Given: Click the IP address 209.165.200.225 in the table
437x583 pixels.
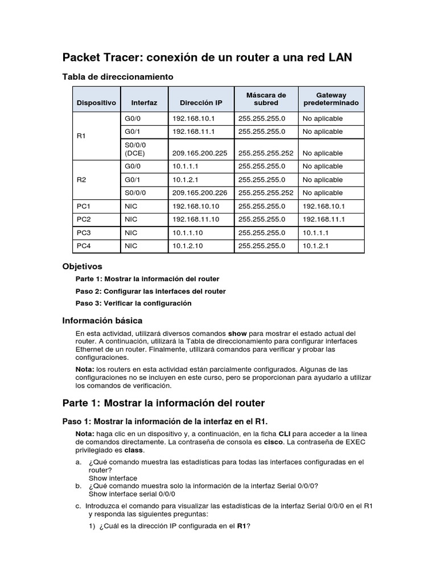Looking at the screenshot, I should coord(199,153).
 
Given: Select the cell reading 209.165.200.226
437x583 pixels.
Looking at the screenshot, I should coord(199,193).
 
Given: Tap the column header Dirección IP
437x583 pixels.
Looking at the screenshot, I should coord(201,103).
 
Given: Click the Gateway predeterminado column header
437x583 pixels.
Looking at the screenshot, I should coord(331,99).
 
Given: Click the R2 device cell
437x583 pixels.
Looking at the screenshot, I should coord(81,179).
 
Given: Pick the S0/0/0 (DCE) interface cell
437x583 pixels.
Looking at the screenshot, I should coord(136,149).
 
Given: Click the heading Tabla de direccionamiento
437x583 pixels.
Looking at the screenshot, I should coord(117,76).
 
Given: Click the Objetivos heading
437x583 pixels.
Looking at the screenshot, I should coord(82,266).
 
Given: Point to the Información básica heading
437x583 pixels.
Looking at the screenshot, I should coord(102,321).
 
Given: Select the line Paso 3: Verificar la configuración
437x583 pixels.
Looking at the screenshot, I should coord(133,303).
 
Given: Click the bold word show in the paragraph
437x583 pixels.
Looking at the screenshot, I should coord(237,333).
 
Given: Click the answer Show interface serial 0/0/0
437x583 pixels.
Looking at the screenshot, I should coord(126,494).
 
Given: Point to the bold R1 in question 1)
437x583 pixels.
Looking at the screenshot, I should coord(242,526).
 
